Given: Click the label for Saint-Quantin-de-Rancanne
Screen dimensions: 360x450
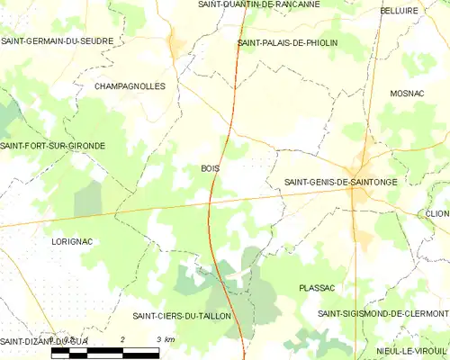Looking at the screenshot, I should (258, 4).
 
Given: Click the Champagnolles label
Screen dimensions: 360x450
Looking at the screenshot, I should (130, 86).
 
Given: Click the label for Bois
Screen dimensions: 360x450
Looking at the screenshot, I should (210, 168).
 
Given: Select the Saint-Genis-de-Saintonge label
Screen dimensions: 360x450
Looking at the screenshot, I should (340, 182).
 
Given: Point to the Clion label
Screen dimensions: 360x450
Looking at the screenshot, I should (437, 213).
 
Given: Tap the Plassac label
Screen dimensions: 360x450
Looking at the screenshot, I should (317, 288).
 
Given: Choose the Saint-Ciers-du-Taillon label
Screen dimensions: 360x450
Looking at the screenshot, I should (182, 316).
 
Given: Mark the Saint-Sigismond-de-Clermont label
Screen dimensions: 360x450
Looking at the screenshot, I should (382, 313).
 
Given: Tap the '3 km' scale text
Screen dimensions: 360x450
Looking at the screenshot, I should (165, 338).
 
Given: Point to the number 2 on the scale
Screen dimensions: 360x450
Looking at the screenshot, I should (123, 338).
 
